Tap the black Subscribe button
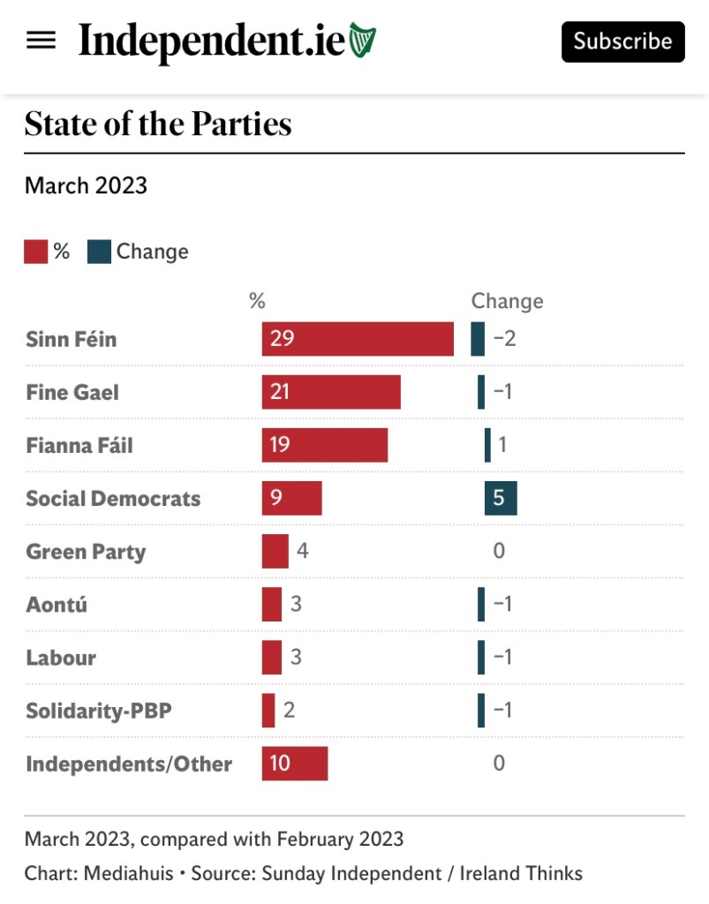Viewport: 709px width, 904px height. pos(622,41)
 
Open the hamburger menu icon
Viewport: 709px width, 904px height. pos(41,41)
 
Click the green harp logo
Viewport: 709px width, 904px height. pos(362,41)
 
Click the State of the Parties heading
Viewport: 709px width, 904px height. pos(158,124)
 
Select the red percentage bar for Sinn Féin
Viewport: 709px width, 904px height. pos(358,339)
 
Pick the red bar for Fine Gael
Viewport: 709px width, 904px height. pos(331,392)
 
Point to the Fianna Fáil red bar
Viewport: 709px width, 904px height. pos(325,445)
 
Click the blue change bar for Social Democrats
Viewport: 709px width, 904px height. pos(501,498)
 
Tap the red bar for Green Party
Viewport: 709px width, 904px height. pos(275,551)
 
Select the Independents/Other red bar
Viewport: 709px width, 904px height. pos(295,763)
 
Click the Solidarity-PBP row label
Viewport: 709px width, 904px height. pos(98,711)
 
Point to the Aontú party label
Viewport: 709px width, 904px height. pos(57,605)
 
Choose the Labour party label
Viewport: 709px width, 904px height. pos(61,658)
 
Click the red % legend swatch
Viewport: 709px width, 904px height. pos(35,252)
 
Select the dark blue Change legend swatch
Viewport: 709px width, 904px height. pos(99,252)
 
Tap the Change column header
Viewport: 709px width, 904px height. pos(507,301)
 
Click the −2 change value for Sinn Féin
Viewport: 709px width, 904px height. pos(504,339)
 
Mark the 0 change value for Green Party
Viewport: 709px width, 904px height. pos(499,551)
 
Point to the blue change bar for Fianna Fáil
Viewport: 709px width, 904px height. pos(487,445)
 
